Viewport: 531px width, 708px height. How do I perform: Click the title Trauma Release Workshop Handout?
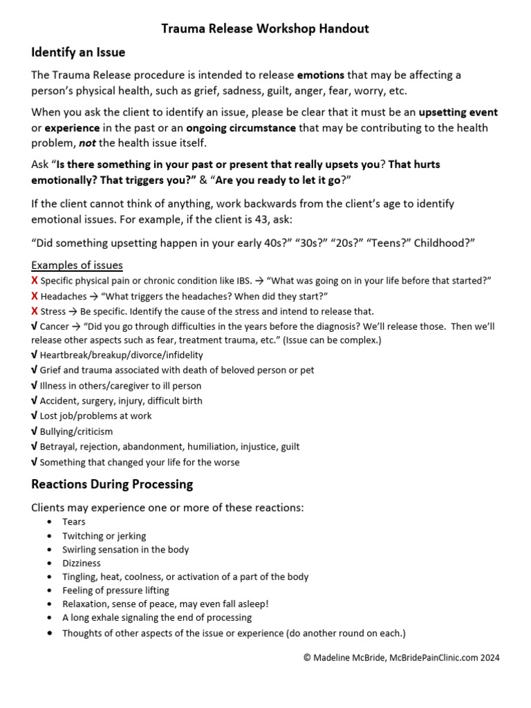pos(265,28)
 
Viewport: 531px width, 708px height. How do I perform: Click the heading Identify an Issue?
pos(78,52)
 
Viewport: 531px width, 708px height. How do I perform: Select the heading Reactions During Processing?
pos(112,484)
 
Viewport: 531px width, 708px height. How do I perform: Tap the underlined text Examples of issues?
pos(77,265)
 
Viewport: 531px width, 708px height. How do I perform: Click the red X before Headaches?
pos(35,296)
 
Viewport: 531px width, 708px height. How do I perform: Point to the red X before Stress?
pos(35,311)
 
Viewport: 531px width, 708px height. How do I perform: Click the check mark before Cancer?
pos(35,326)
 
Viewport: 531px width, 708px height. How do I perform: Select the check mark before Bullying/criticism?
pos(35,431)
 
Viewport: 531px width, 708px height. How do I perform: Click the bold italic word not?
pos(85,142)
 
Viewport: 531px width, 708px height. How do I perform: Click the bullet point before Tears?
pos(50,522)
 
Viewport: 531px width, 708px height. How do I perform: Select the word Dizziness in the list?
pos(82,563)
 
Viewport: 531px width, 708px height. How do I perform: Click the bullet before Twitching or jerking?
pos(50,536)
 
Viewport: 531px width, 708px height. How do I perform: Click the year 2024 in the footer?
pos(487,658)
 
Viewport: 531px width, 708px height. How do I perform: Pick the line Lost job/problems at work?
pos(95,416)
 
